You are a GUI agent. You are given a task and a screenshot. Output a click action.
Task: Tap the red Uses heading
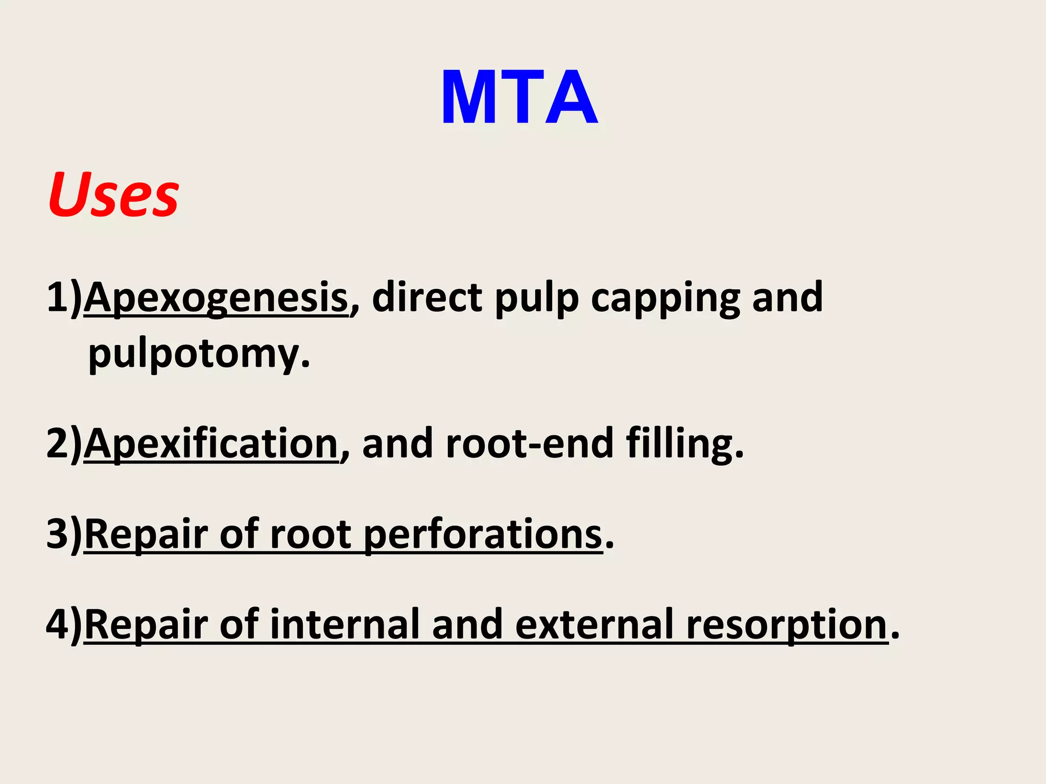[113, 195]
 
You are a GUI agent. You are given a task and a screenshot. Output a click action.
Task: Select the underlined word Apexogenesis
[216, 298]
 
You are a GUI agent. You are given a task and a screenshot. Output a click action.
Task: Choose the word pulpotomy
[199, 354]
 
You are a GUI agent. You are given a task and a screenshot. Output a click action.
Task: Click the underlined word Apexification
[211, 444]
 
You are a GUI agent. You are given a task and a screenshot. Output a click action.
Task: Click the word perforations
[483, 535]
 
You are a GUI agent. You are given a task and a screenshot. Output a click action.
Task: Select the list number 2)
[64, 444]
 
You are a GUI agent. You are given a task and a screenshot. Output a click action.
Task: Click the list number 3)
[64, 535]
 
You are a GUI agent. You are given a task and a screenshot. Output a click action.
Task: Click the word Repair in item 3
[146, 535]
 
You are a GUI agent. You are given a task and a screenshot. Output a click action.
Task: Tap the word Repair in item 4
[146, 625]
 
